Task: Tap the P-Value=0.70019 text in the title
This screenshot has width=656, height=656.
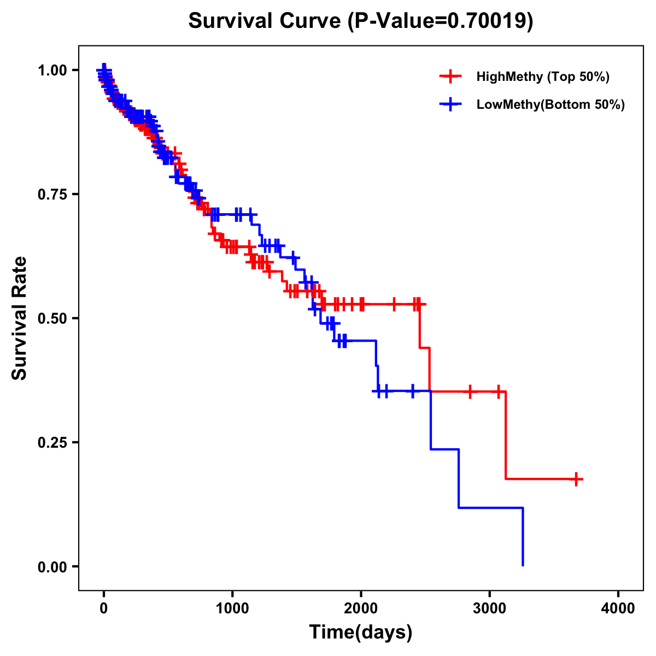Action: pyautogui.click(x=440, y=21)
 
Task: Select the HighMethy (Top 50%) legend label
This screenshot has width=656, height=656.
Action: pyautogui.click(x=542, y=77)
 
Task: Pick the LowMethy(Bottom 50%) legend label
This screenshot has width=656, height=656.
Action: pyautogui.click(x=550, y=104)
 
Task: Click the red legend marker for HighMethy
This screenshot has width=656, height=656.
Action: pyautogui.click(x=450, y=77)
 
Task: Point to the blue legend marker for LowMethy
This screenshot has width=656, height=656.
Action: pyautogui.click(x=450, y=104)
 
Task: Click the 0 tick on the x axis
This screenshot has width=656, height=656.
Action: pyautogui.click(x=104, y=608)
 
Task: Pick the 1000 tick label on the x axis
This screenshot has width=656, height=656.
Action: pyautogui.click(x=232, y=608)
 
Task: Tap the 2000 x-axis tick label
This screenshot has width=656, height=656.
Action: pyautogui.click(x=361, y=608)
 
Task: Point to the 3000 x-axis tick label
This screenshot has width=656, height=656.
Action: pyautogui.click(x=490, y=608)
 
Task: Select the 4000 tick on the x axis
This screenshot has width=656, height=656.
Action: pyautogui.click(x=618, y=608)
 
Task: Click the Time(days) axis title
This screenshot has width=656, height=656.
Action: pyautogui.click(x=361, y=632)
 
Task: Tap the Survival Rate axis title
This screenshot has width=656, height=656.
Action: pyautogui.click(x=20, y=318)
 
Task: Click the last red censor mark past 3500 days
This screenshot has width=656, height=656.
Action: pyautogui.click(x=576, y=479)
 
